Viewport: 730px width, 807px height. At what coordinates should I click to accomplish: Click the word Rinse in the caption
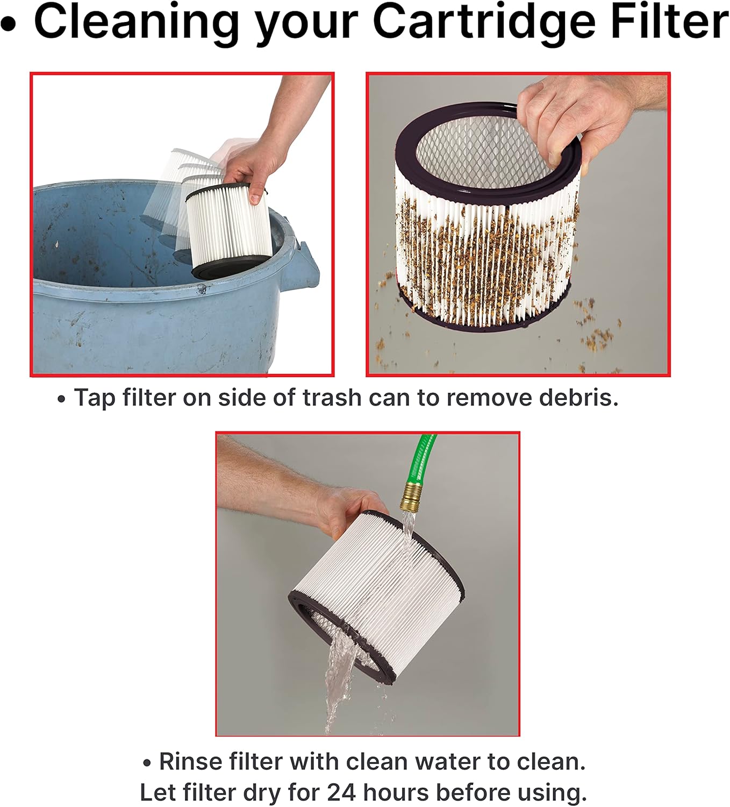coord(190,761)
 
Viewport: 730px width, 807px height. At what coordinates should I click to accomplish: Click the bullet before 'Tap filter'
coord(61,400)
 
